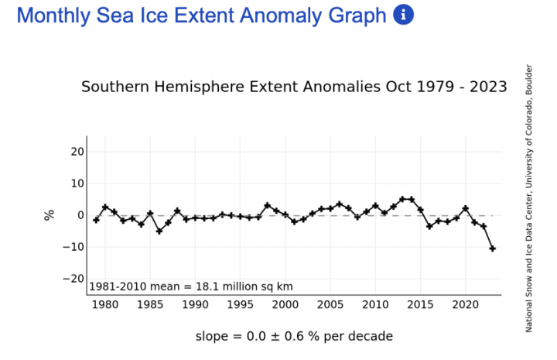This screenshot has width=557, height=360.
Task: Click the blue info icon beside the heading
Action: pyautogui.click(x=404, y=15)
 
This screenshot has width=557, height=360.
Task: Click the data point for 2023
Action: pyautogui.click(x=493, y=249)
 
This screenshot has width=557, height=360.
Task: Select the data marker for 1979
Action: pyautogui.click(x=96, y=220)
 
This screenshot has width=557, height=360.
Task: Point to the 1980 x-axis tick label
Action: pyautogui.click(x=105, y=305)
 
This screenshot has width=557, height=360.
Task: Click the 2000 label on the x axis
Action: pyautogui.click(x=285, y=305)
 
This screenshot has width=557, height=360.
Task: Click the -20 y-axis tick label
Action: pyautogui.click(x=73, y=279)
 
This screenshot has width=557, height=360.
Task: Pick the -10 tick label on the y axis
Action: pyautogui.click(x=73, y=247)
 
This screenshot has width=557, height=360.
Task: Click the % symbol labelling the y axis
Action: pyautogui.click(x=50, y=215)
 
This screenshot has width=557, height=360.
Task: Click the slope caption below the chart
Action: pyautogui.click(x=294, y=336)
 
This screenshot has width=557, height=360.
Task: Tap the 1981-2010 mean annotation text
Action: pyautogui.click(x=191, y=286)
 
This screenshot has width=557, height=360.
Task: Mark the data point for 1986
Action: pyautogui.click(x=159, y=231)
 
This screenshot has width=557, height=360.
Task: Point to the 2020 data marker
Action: pyautogui.click(x=466, y=208)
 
